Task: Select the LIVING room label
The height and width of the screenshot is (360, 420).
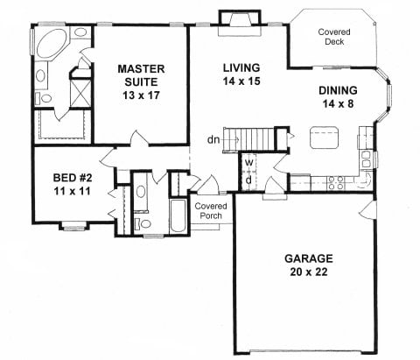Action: tap(239, 67)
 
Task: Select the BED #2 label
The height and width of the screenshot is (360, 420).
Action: tap(61, 173)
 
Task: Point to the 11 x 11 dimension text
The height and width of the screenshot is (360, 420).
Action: tap(61, 187)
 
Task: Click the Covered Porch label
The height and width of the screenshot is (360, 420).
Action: tap(210, 211)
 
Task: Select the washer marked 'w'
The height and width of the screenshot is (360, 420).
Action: tap(248, 163)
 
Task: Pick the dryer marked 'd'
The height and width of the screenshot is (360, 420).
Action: tap(248, 179)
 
